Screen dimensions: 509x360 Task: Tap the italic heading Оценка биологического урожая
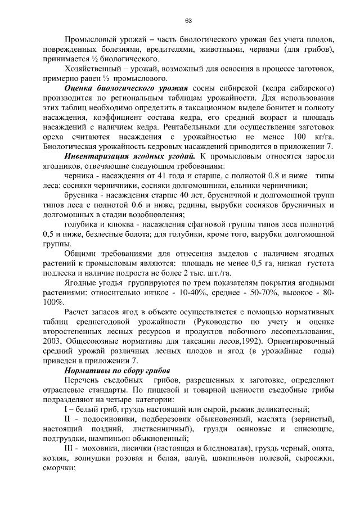click(x=126, y=88)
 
